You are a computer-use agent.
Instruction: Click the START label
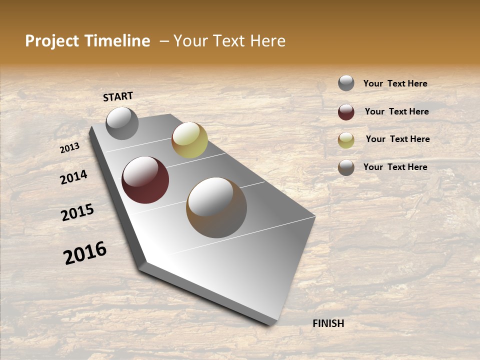[x=118, y=96]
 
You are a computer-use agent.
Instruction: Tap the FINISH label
[x=328, y=323]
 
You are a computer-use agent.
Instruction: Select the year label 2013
[x=70, y=148]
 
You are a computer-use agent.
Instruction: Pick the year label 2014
[x=74, y=177]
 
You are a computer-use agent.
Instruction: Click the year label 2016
[x=85, y=253]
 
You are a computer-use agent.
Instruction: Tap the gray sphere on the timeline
[x=122, y=123]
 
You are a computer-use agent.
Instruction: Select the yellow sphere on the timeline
[x=189, y=140]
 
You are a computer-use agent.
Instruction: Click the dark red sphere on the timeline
[x=145, y=180]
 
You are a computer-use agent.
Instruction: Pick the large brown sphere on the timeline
[x=216, y=207]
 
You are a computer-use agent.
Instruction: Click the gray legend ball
[x=346, y=83]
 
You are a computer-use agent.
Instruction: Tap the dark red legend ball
[x=346, y=112]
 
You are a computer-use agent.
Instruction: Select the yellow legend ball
[x=346, y=140]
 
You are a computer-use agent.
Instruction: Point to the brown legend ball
[x=346, y=167]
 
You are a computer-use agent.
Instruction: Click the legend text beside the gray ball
[x=395, y=83]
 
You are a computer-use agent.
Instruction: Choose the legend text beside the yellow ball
[x=397, y=139]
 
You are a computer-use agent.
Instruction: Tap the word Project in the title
[x=52, y=41]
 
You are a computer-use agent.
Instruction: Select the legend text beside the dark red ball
[x=396, y=111]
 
